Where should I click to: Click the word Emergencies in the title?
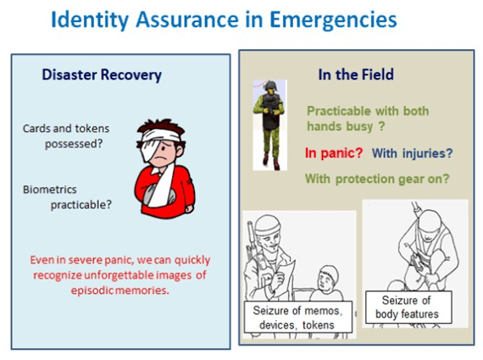333,20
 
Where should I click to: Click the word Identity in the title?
90,20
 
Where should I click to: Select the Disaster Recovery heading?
102,75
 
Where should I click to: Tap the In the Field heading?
356,75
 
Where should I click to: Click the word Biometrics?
50,190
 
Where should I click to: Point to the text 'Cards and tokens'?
66,129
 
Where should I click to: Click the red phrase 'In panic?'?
334,152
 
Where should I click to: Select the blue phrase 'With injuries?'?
412,153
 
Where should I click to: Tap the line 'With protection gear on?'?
377,179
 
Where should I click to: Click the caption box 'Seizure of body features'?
408,307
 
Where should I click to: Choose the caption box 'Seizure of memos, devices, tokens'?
298,317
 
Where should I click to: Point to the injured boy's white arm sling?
162,186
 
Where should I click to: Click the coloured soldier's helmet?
269,86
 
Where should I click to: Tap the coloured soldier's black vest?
270,113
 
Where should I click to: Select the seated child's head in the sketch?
329,278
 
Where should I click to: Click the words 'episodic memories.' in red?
119,290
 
